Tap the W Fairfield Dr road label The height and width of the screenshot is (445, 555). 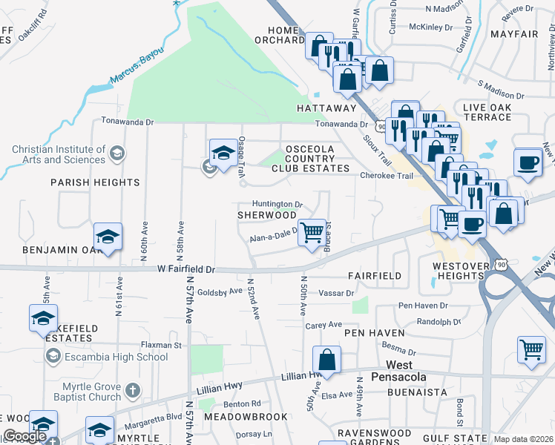click(186, 269)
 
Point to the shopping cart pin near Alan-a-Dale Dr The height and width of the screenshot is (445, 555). click(312, 232)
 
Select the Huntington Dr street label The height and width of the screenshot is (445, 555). click(277, 204)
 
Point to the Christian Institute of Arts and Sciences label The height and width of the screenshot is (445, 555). click(59, 154)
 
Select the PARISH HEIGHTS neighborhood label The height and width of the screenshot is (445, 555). click(95, 182)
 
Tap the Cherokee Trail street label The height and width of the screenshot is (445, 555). click(385, 176)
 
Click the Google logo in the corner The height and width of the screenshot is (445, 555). click(24, 436)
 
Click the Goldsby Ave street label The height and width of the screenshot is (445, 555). click(220, 291)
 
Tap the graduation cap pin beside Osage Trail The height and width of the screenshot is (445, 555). click(223, 153)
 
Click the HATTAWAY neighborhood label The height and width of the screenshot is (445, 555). click(327, 108)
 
